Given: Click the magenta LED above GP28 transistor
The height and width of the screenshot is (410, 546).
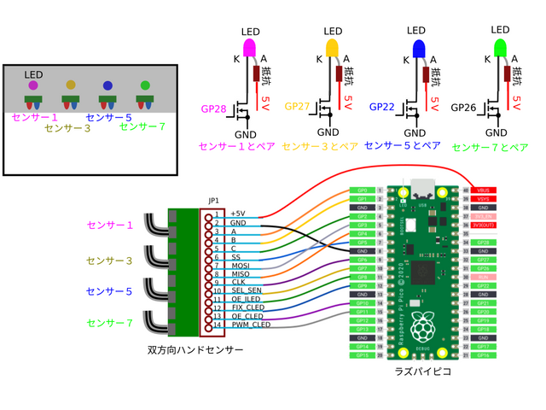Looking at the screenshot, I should click(x=250, y=46).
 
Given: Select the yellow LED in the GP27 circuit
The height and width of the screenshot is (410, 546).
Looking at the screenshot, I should click(x=333, y=46).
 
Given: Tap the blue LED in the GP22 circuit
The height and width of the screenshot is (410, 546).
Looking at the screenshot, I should click(x=418, y=46).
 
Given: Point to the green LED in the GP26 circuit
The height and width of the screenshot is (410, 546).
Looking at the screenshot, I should click(x=502, y=46).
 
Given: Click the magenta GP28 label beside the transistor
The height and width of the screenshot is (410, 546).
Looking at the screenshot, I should click(x=213, y=109).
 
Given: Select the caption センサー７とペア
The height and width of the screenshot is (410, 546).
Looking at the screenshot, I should click(x=490, y=147).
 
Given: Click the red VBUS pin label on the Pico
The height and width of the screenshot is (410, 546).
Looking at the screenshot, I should click(x=483, y=190).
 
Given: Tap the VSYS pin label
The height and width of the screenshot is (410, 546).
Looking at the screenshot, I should click(x=483, y=198).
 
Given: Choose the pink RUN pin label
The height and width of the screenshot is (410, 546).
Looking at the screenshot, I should click(x=483, y=277).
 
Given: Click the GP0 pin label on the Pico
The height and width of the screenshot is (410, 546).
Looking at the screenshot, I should click(x=362, y=190).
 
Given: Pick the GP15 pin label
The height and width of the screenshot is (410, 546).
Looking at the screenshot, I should click(x=362, y=354).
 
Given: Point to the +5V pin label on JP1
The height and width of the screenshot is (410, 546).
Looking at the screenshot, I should click(x=239, y=213).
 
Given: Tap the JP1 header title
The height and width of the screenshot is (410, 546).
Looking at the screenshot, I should click(x=213, y=201).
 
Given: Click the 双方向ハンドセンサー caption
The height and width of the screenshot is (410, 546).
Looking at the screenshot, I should click(x=195, y=350).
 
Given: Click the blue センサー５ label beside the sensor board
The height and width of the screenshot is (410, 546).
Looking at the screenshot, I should click(x=109, y=291).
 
